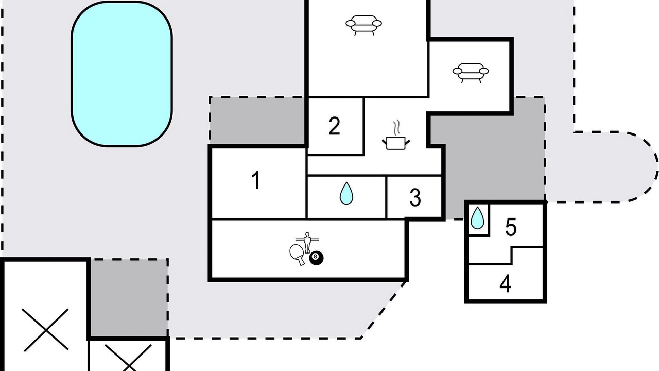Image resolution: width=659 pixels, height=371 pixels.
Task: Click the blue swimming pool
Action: click(122, 74)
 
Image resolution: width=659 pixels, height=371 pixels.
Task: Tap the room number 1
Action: click(256, 180)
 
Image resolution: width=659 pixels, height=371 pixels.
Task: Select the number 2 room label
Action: click(334, 126)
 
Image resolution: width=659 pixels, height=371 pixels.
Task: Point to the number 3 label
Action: click(415, 197)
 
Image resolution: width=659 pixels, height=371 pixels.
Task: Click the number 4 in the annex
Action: click(506, 283)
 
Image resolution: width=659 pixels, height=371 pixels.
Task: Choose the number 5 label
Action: click(511, 227)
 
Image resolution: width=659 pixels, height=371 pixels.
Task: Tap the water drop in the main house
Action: click(346, 193)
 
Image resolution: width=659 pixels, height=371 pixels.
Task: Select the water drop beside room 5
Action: click(477, 218)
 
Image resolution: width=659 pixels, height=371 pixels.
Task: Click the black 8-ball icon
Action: click(316, 258)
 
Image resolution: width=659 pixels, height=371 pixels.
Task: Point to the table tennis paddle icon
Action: click(298, 255)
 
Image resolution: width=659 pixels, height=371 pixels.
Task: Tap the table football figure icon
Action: click(307, 242)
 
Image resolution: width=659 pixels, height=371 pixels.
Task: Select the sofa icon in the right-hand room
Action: click(471, 73)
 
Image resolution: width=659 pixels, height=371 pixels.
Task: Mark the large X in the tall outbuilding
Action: click(46, 330)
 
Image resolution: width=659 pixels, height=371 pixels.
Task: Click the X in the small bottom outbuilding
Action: click(128, 357)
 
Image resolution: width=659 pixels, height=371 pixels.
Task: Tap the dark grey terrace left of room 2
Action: click(257, 121)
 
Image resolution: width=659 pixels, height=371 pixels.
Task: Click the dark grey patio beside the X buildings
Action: click(129, 298)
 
